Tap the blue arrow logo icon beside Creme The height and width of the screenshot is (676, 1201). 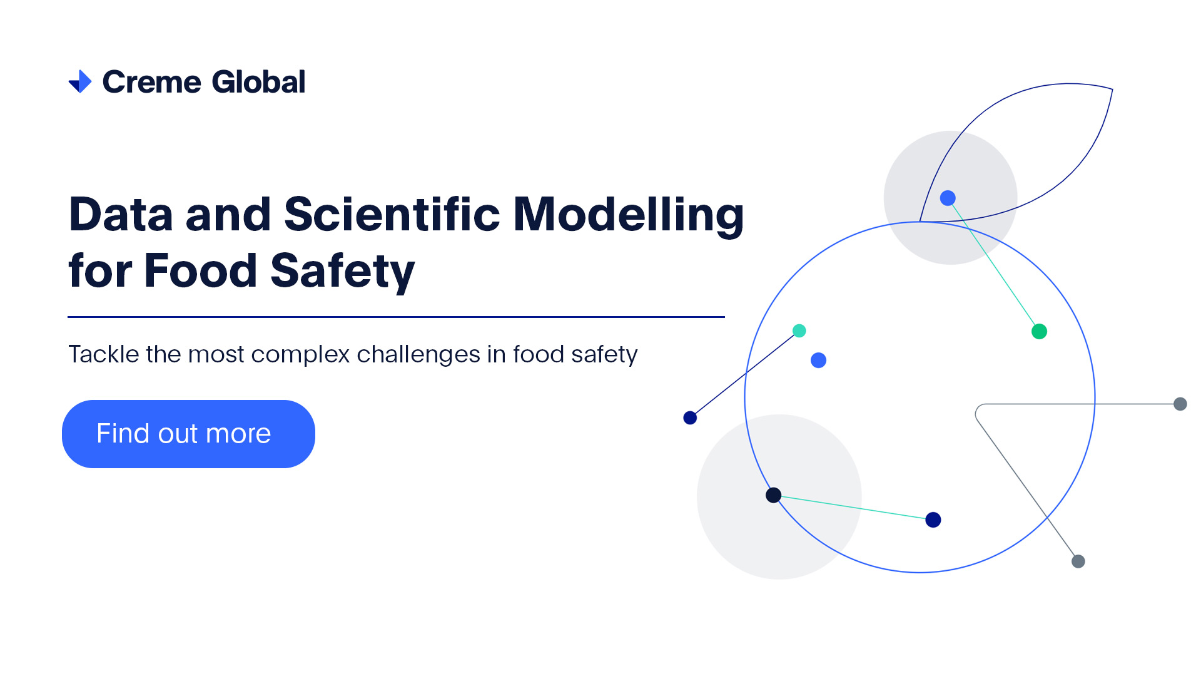pyautogui.click(x=80, y=81)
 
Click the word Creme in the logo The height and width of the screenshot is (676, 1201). pyautogui.click(x=152, y=82)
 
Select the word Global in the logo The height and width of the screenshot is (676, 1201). pyautogui.click(x=258, y=82)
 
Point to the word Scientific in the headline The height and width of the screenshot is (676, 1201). pyautogui.click(x=392, y=214)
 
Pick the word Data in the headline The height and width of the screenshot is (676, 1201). pyautogui.click(x=121, y=214)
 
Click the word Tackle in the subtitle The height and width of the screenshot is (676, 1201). pyautogui.click(x=104, y=354)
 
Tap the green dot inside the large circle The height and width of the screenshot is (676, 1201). pyautogui.click(x=1039, y=331)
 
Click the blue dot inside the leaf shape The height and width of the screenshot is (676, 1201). pyautogui.click(x=948, y=198)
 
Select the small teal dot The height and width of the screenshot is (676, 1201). pyautogui.click(x=799, y=330)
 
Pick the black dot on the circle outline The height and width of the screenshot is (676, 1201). pyautogui.click(x=774, y=495)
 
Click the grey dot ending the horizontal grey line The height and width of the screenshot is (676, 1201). pyautogui.click(x=1180, y=404)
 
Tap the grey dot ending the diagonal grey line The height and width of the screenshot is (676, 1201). pyautogui.click(x=1078, y=561)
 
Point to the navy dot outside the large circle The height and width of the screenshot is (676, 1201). pyautogui.click(x=690, y=417)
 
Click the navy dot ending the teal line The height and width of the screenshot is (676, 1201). pyautogui.click(x=933, y=520)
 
